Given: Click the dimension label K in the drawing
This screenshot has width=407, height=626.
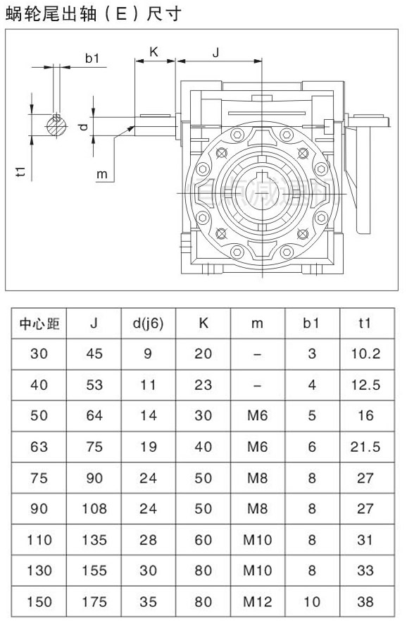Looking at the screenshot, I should (153, 52).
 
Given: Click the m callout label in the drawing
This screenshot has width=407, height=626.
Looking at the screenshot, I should (101, 173).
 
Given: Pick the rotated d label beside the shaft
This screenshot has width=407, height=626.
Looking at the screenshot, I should (82, 126).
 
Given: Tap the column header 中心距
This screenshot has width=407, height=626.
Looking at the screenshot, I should (39, 324).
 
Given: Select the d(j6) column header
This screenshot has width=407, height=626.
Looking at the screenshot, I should (147, 324).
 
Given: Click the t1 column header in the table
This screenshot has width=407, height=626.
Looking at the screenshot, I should (365, 324).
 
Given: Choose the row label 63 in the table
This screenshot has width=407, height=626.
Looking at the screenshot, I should (39, 447).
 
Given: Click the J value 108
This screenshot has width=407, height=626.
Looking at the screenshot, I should (94, 509).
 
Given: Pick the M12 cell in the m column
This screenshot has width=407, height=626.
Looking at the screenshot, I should (257, 602).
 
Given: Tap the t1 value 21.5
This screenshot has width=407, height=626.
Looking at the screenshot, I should (365, 447).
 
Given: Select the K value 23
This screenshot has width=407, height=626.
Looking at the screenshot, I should (203, 385).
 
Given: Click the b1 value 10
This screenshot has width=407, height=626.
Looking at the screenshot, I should (311, 602).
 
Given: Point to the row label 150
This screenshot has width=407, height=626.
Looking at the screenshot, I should (39, 602).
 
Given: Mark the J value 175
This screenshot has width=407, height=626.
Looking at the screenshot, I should (94, 602).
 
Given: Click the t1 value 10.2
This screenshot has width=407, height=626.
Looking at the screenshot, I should (365, 354).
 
